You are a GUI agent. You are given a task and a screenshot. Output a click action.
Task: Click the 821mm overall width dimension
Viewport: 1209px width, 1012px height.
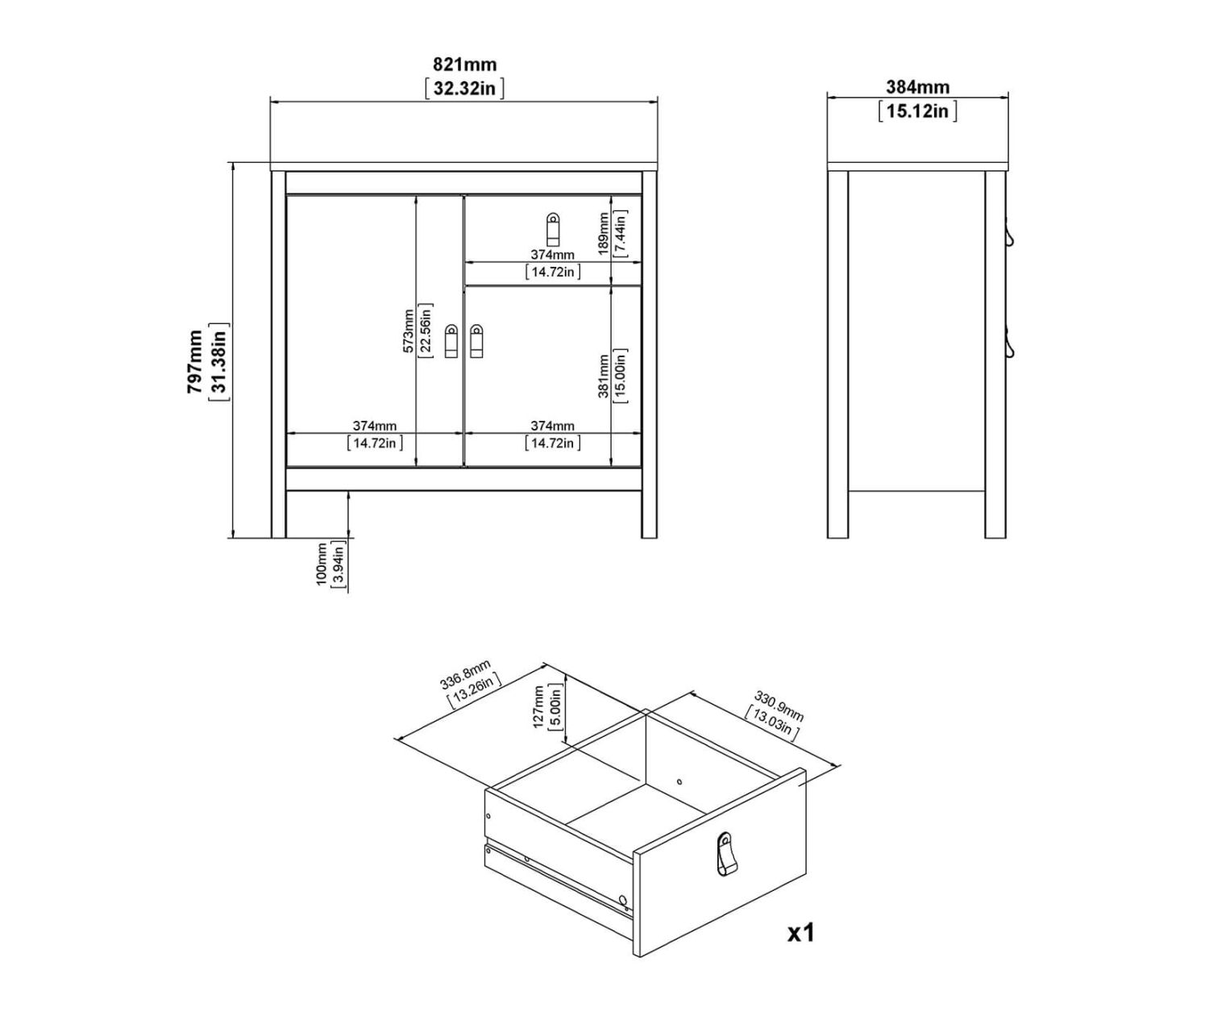point(464,64)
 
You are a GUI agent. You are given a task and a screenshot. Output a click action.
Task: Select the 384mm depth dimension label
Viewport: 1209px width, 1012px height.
point(918,87)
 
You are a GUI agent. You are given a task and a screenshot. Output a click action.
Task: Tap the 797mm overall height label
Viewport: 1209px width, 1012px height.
point(194,361)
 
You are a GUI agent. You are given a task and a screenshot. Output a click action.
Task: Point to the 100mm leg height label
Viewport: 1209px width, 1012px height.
point(322,564)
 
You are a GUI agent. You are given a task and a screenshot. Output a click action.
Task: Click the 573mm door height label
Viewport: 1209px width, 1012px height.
point(408,331)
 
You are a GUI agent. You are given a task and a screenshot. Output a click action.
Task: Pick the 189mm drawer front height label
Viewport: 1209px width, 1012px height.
point(604,234)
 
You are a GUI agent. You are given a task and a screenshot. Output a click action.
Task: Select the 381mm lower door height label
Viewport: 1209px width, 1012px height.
point(604,377)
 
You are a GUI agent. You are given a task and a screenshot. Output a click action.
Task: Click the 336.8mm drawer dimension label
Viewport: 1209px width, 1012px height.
point(465,674)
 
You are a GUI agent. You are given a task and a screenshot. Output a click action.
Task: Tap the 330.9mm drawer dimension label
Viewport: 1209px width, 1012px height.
point(779,706)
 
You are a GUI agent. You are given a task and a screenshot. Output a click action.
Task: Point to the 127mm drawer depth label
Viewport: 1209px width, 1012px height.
point(538,706)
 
